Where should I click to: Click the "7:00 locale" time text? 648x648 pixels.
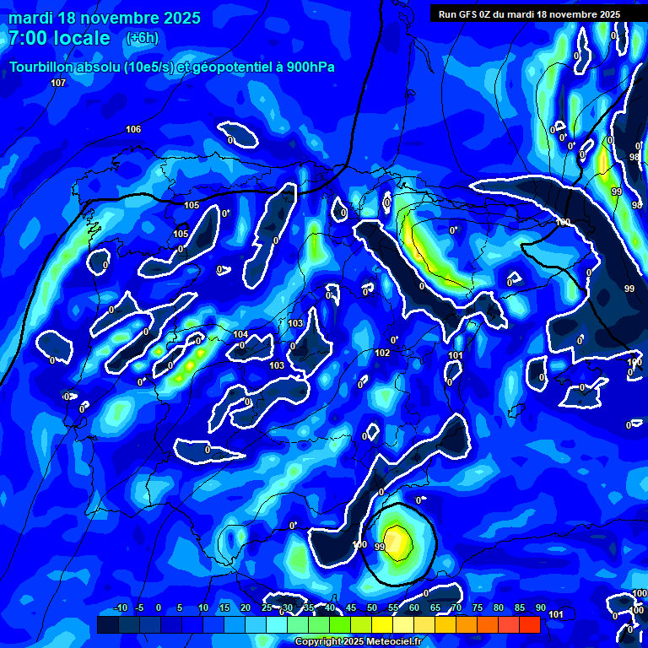[x=59, y=39]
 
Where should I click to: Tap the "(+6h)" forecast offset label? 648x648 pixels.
[x=142, y=38]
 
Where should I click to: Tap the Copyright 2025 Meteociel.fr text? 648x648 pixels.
[x=358, y=641]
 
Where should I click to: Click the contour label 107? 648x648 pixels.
[x=58, y=83]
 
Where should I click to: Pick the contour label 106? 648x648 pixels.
[x=133, y=129]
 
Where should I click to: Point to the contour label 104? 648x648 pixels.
[x=241, y=334]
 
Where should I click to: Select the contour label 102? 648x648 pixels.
[x=382, y=353]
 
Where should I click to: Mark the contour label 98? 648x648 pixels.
[x=634, y=157]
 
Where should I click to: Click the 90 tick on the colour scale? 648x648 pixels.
[x=540, y=607]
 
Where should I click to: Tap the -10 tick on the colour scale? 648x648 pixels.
[x=120, y=607]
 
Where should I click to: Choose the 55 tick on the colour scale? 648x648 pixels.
[x=393, y=607]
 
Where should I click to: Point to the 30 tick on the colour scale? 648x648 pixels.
[x=288, y=607]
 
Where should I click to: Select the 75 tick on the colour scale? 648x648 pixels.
[x=478, y=607]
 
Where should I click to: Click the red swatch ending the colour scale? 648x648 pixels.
[x=529, y=624]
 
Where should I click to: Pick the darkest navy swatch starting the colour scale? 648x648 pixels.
[x=107, y=624]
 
